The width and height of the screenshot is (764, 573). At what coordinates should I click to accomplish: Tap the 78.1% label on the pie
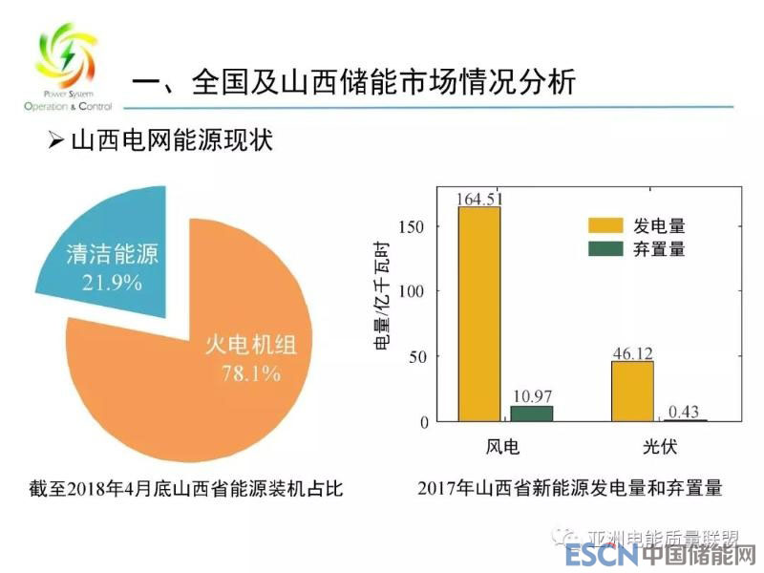(250, 373)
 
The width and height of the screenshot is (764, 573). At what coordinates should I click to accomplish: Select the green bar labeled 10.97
(531, 414)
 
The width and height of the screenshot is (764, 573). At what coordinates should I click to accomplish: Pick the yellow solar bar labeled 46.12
(632, 391)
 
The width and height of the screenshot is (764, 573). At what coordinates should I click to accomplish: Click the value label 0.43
(683, 412)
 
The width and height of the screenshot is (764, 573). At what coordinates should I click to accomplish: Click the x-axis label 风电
(503, 447)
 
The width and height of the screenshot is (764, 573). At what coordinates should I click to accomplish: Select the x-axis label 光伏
(658, 447)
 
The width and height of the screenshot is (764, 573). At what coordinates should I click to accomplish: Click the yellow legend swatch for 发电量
(604, 226)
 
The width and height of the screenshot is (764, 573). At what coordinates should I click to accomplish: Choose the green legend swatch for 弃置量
(604, 249)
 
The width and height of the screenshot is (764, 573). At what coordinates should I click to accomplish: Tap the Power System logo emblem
(64, 57)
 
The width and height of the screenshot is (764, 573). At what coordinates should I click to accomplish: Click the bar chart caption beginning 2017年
(570, 489)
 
